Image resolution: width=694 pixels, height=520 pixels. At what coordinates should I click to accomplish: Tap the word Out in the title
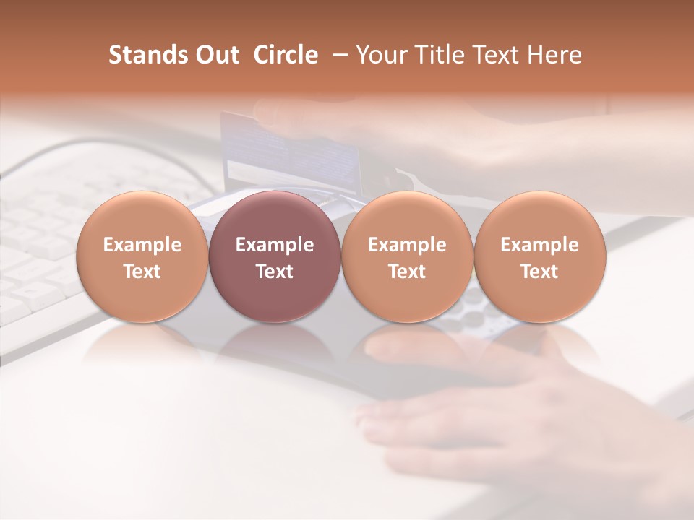pyautogui.click(x=214, y=55)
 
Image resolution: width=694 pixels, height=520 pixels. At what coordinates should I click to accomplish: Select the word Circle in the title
pyautogui.click(x=286, y=55)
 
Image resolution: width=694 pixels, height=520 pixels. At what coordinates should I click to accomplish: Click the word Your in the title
pyautogui.click(x=378, y=55)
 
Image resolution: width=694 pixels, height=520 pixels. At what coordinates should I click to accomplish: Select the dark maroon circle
pyautogui.click(x=275, y=256)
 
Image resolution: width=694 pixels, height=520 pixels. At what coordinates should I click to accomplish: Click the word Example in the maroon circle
pyautogui.click(x=275, y=245)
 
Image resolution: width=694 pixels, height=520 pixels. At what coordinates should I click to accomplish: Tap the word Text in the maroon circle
pyautogui.click(x=275, y=272)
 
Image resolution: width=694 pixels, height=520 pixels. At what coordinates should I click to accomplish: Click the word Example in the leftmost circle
pyautogui.click(x=142, y=245)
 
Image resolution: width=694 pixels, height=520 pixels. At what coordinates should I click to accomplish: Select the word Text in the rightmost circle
pyautogui.click(x=540, y=272)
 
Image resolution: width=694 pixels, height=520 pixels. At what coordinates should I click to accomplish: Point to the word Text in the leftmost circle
pyautogui.click(x=142, y=272)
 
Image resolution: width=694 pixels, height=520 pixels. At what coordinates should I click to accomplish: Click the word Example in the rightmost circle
pyautogui.click(x=540, y=245)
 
